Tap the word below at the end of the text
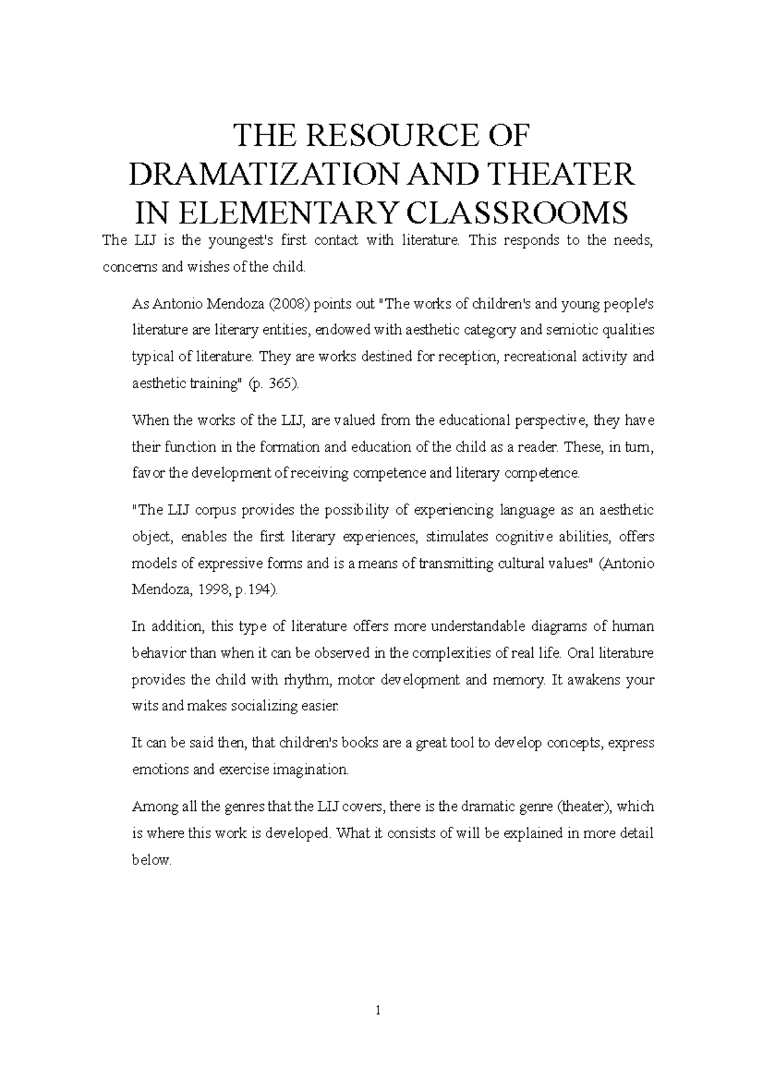[x=151, y=860]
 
